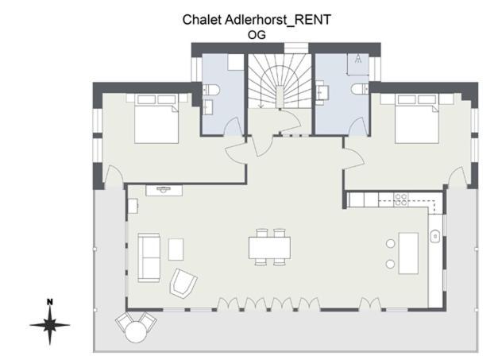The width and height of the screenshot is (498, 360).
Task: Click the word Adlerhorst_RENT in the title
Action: click(x=278, y=20)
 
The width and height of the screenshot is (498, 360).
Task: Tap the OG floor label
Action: click(x=257, y=35)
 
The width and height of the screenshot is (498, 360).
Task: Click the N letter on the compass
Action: click(x=50, y=302)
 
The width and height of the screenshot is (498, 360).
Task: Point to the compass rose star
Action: click(x=50, y=325)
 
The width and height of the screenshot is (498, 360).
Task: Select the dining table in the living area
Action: click(x=269, y=247)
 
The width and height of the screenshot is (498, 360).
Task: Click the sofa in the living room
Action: click(x=149, y=257)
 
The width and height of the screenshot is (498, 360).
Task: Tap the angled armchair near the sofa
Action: click(x=183, y=283)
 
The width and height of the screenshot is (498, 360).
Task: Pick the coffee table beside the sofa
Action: click(x=176, y=250)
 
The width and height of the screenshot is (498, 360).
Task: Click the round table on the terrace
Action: click(x=136, y=332)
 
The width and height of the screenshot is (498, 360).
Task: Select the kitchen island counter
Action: click(x=408, y=254)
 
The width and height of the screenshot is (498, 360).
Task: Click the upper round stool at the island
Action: click(x=390, y=244)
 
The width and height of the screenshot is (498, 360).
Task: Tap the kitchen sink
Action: click(x=435, y=236)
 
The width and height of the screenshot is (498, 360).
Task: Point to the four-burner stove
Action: click(x=400, y=199)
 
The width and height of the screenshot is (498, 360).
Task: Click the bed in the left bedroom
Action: click(x=156, y=118)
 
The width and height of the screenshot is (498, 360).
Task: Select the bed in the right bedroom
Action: click(x=417, y=118)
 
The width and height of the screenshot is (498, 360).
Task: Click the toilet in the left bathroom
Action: click(x=211, y=89)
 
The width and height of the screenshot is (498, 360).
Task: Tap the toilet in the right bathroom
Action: click(x=360, y=89)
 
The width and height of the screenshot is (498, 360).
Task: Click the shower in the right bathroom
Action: click(x=358, y=64)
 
